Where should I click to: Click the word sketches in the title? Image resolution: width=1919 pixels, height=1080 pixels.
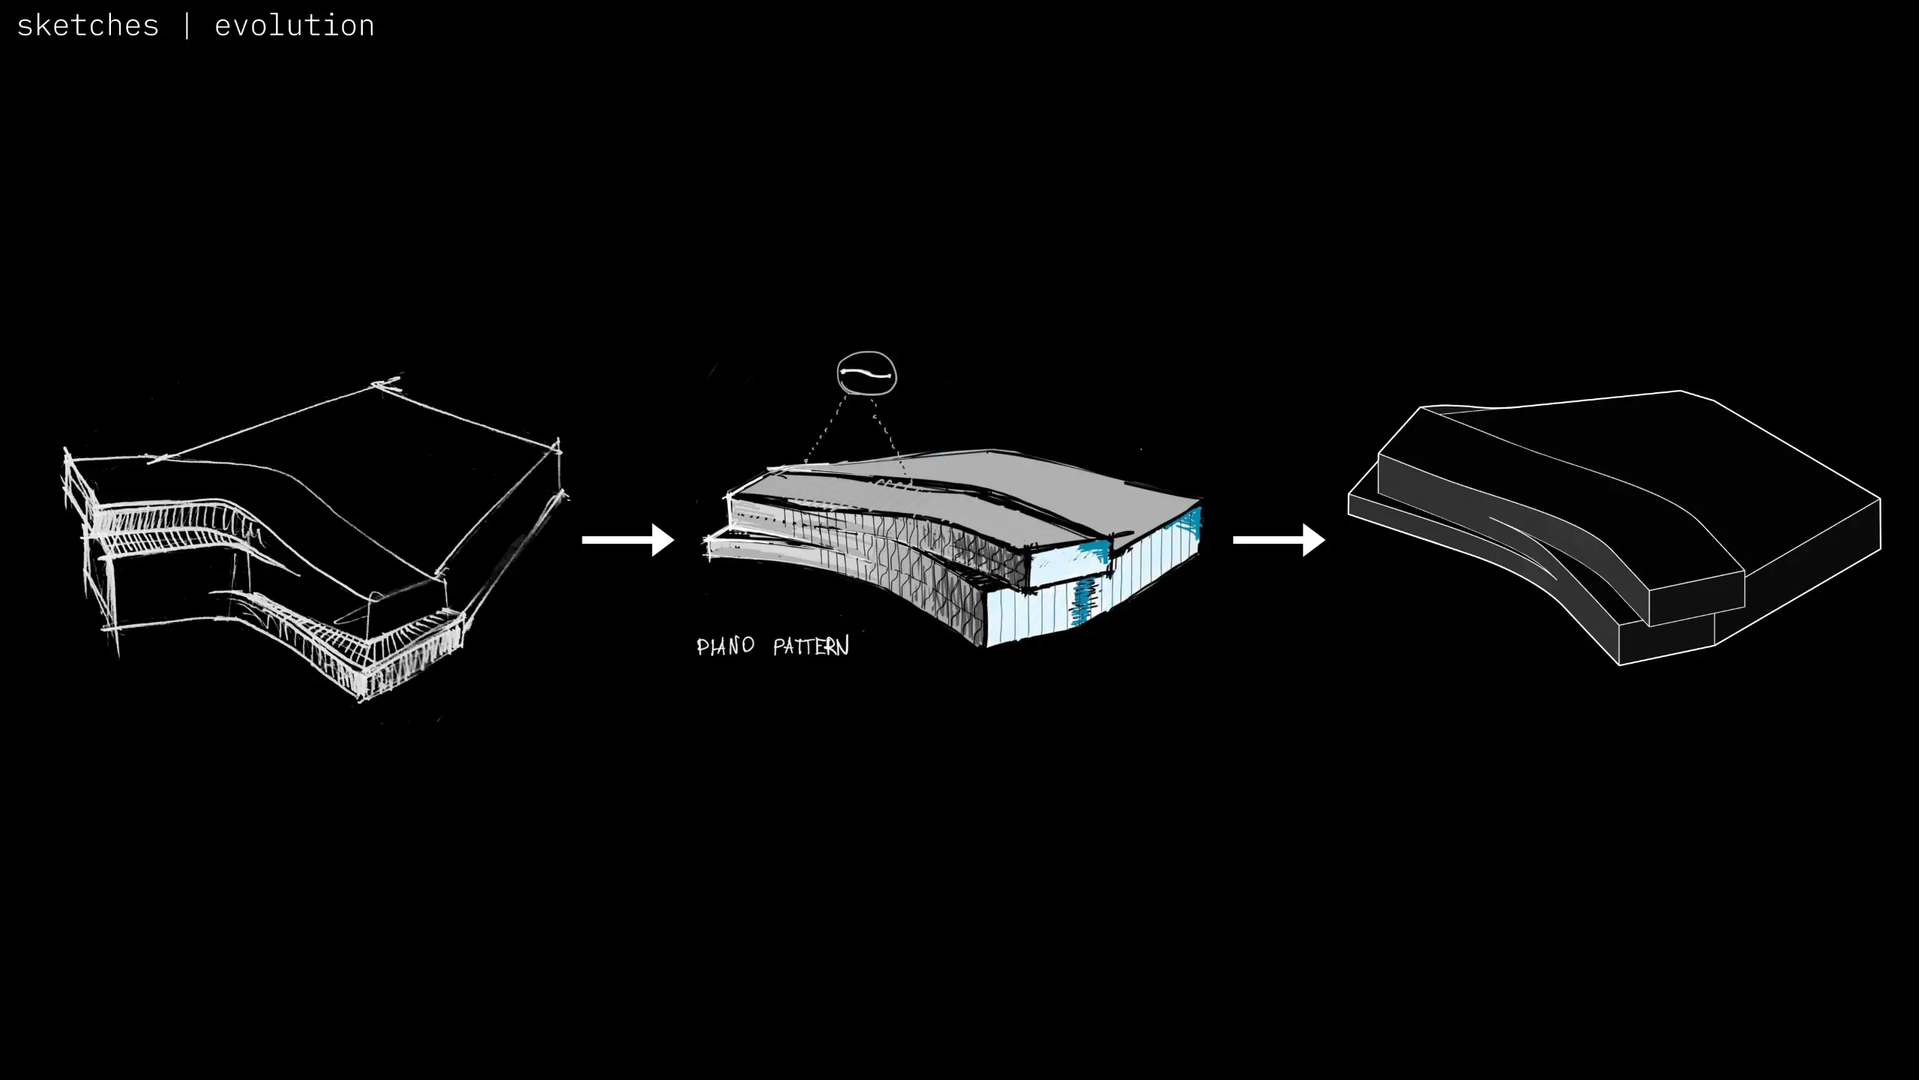(88, 26)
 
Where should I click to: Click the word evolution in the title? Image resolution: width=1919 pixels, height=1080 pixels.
(294, 26)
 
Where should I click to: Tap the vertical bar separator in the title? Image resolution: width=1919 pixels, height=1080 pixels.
(187, 26)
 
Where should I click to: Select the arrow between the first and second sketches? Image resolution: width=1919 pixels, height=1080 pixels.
(627, 540)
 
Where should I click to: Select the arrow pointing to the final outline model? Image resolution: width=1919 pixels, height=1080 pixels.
(1278, 540)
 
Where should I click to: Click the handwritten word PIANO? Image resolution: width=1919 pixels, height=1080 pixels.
(725, 646)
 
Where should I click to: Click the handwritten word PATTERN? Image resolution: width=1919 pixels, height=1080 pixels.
(811, 646)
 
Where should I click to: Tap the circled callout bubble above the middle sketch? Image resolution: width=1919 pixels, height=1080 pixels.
(867, 373)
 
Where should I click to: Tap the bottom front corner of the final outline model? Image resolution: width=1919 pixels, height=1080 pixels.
(1620, 664)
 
